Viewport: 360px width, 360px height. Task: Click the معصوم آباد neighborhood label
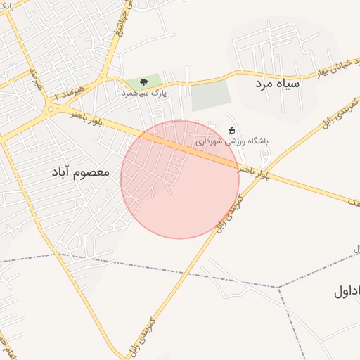click(82, 171)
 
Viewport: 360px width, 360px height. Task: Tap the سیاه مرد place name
click(278, 83)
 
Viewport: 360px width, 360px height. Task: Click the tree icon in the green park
click(144, 82)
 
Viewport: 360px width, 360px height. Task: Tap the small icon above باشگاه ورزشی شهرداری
click(232, 130)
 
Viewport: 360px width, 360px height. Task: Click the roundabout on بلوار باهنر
click(51, 109)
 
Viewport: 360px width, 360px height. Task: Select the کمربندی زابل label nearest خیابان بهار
click(325, 117)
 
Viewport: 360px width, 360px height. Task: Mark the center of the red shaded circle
click(180, 179)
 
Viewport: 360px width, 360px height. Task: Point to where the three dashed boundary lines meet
click(278, 287)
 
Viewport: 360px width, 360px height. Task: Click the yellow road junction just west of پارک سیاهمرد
click(104, 78)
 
